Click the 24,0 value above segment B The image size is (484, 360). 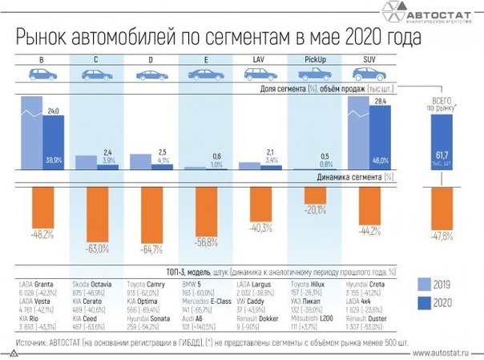click(53, 110)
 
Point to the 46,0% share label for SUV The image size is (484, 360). click(381, 160)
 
